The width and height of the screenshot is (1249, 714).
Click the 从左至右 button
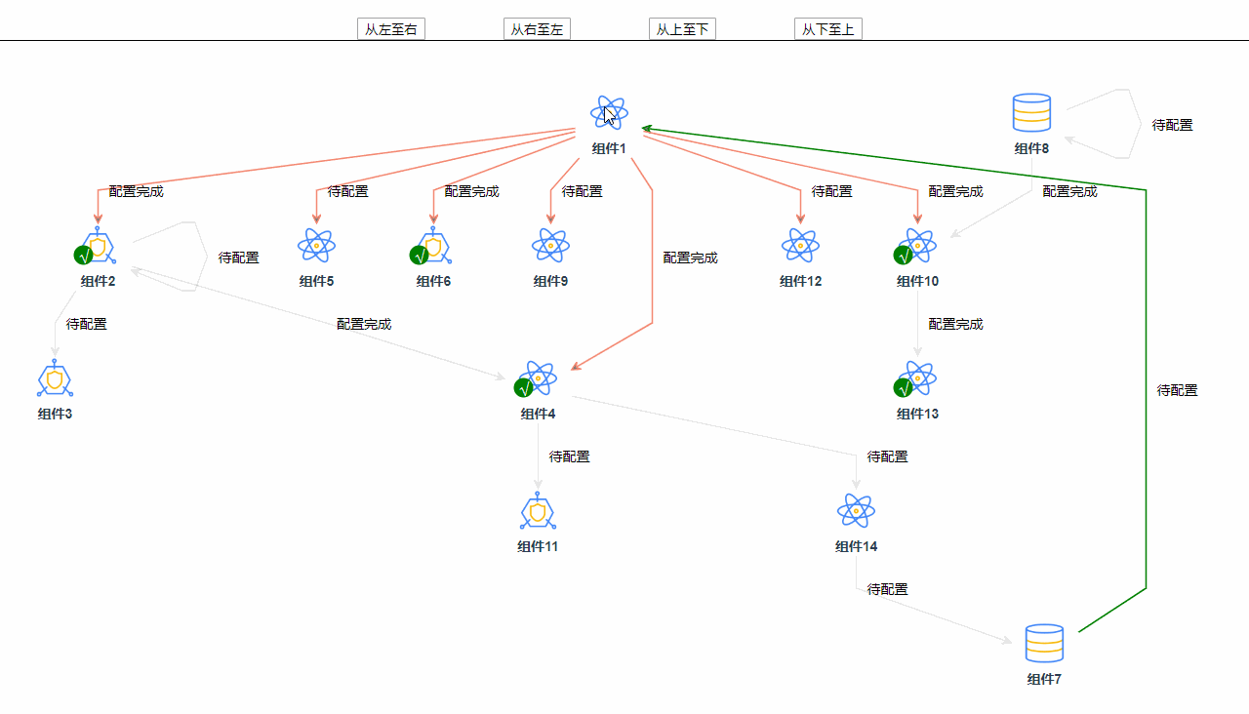[390, 29]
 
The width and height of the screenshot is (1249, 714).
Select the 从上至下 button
[682, 29]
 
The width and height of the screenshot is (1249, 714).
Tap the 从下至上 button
[827, 29]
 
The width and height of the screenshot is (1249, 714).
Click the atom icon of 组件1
[609, 113]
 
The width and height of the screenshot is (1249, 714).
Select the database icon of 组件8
[1032, 113]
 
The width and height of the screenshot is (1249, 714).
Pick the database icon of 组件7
[1044, 644]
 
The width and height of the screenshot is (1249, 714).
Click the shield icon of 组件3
[56, 378]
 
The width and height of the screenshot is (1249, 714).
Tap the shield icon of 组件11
[537, 511]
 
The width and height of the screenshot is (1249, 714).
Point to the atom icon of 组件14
[856, 511]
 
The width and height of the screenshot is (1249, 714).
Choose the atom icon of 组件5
[316, 246]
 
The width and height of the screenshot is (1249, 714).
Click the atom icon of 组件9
[550, 246]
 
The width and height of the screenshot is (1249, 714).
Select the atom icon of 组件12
[800, 246]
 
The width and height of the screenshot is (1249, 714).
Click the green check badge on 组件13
[903, 388]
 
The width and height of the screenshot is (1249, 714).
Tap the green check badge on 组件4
[524, 388]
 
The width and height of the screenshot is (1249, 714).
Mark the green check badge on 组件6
[419, 256]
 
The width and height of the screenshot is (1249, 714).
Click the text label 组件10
[917, 282]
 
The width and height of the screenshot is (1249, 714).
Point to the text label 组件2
[98, 282]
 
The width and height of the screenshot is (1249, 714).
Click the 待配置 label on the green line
[1177, 390]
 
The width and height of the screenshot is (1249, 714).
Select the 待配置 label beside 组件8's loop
[1172, 125]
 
